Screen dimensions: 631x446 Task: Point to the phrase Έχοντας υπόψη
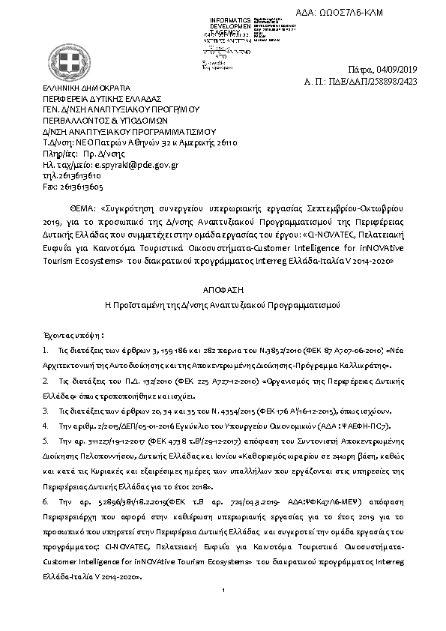point(73,336)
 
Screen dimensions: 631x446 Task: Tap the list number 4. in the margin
point(46,425)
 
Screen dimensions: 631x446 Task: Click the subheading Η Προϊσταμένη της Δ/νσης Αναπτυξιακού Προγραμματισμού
point(223,306)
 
